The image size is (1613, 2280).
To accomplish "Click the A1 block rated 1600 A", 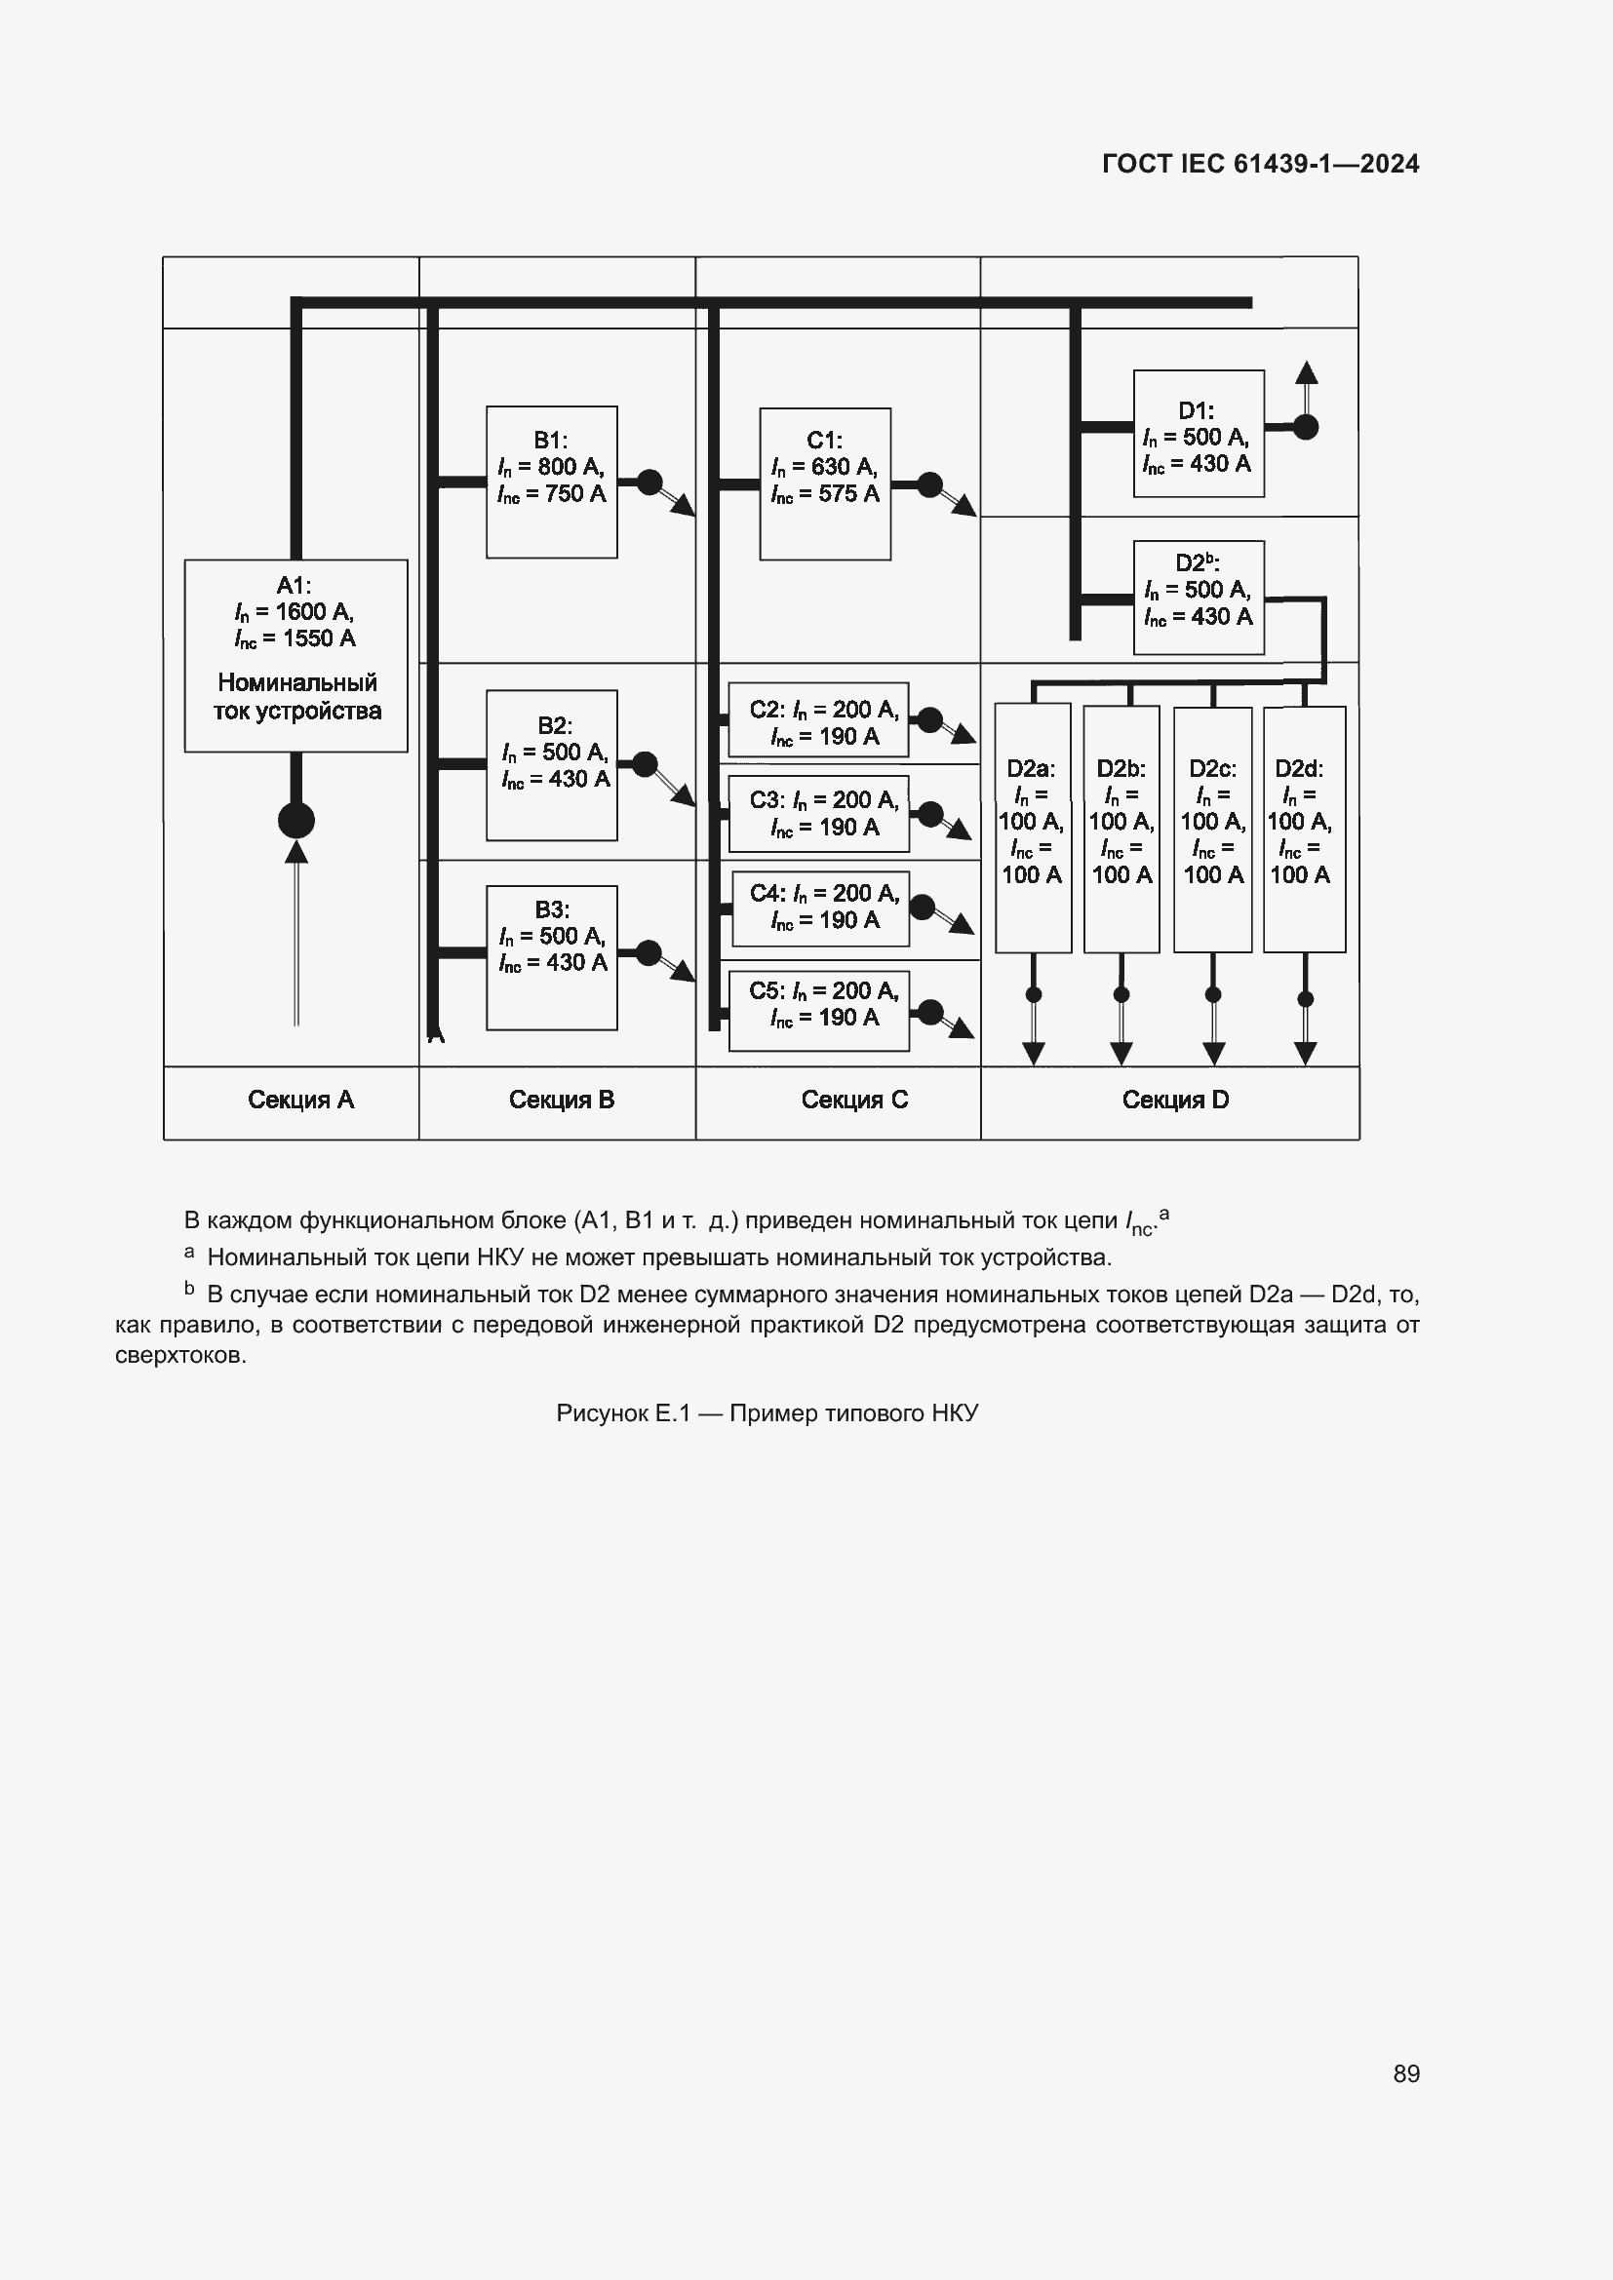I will point(296,655).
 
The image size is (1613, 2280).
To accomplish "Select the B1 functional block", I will point(551,482).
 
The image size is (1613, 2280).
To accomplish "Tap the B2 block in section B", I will point(551,764).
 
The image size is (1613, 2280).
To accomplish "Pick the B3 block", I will point(551,957).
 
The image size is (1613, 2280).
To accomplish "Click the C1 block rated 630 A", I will point(824,483).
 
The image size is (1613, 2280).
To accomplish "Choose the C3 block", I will point(818,813).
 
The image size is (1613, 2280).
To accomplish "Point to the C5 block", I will point(818,1010).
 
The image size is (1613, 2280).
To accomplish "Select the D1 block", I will point(1198,433).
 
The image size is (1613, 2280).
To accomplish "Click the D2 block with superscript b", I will point(1198,597).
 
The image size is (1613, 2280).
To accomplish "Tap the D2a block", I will point(1032,828).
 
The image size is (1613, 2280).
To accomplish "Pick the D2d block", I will point(1303,829).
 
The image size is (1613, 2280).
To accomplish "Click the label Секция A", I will point(300,1101).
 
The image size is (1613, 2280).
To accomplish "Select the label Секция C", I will point(854,1101).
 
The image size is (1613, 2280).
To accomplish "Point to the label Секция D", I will point(1175,1101).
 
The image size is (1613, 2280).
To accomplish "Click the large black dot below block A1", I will point(296,821).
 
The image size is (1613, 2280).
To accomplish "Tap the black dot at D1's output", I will point(1306,427).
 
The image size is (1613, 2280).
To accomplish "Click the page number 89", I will point(1405,2073).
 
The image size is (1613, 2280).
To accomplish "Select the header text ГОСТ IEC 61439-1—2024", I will point(1259,164).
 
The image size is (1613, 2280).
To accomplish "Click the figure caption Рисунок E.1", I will point(767,1413).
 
